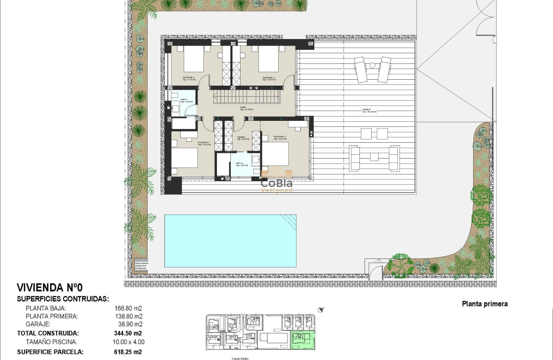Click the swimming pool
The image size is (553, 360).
(x=230, y=240)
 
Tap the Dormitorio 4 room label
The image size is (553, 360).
(x=188, y=78)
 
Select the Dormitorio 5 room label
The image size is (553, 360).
(x=269, y=78)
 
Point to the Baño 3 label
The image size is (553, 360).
(x=175, y=100)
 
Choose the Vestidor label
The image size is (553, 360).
(x=243, y=138)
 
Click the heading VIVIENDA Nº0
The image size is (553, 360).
(x=49, y=288)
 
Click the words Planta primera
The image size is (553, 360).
(x=484, y=304)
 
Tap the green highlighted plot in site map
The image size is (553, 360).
(x=303, y=340)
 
